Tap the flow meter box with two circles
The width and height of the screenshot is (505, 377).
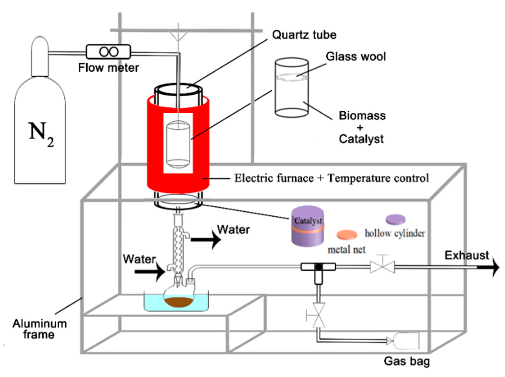(108, 52)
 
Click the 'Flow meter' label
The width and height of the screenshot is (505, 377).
(108, 68)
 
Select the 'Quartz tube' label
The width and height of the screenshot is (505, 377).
(304, 35)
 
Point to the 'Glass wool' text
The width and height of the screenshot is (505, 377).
(355, 57)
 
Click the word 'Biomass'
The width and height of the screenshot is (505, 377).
(362, 116)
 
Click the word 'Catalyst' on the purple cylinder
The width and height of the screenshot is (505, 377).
(308, 221)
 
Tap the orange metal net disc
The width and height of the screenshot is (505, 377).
(347, 235)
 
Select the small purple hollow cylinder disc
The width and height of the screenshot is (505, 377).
(395, 219)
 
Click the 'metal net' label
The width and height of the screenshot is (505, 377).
(346, 250)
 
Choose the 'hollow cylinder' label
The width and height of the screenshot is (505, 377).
(395, 233)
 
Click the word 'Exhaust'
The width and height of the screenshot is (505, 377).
(466, 255)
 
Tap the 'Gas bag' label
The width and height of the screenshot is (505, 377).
(407, 361)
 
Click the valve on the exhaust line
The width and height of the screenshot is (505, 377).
(383, 267)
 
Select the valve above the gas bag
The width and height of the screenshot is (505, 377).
(318, 315)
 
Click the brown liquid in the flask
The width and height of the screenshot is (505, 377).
(178, 302)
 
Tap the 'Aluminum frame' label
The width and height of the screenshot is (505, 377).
(39, 329)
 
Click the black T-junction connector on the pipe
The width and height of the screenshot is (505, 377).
(318, 267)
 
